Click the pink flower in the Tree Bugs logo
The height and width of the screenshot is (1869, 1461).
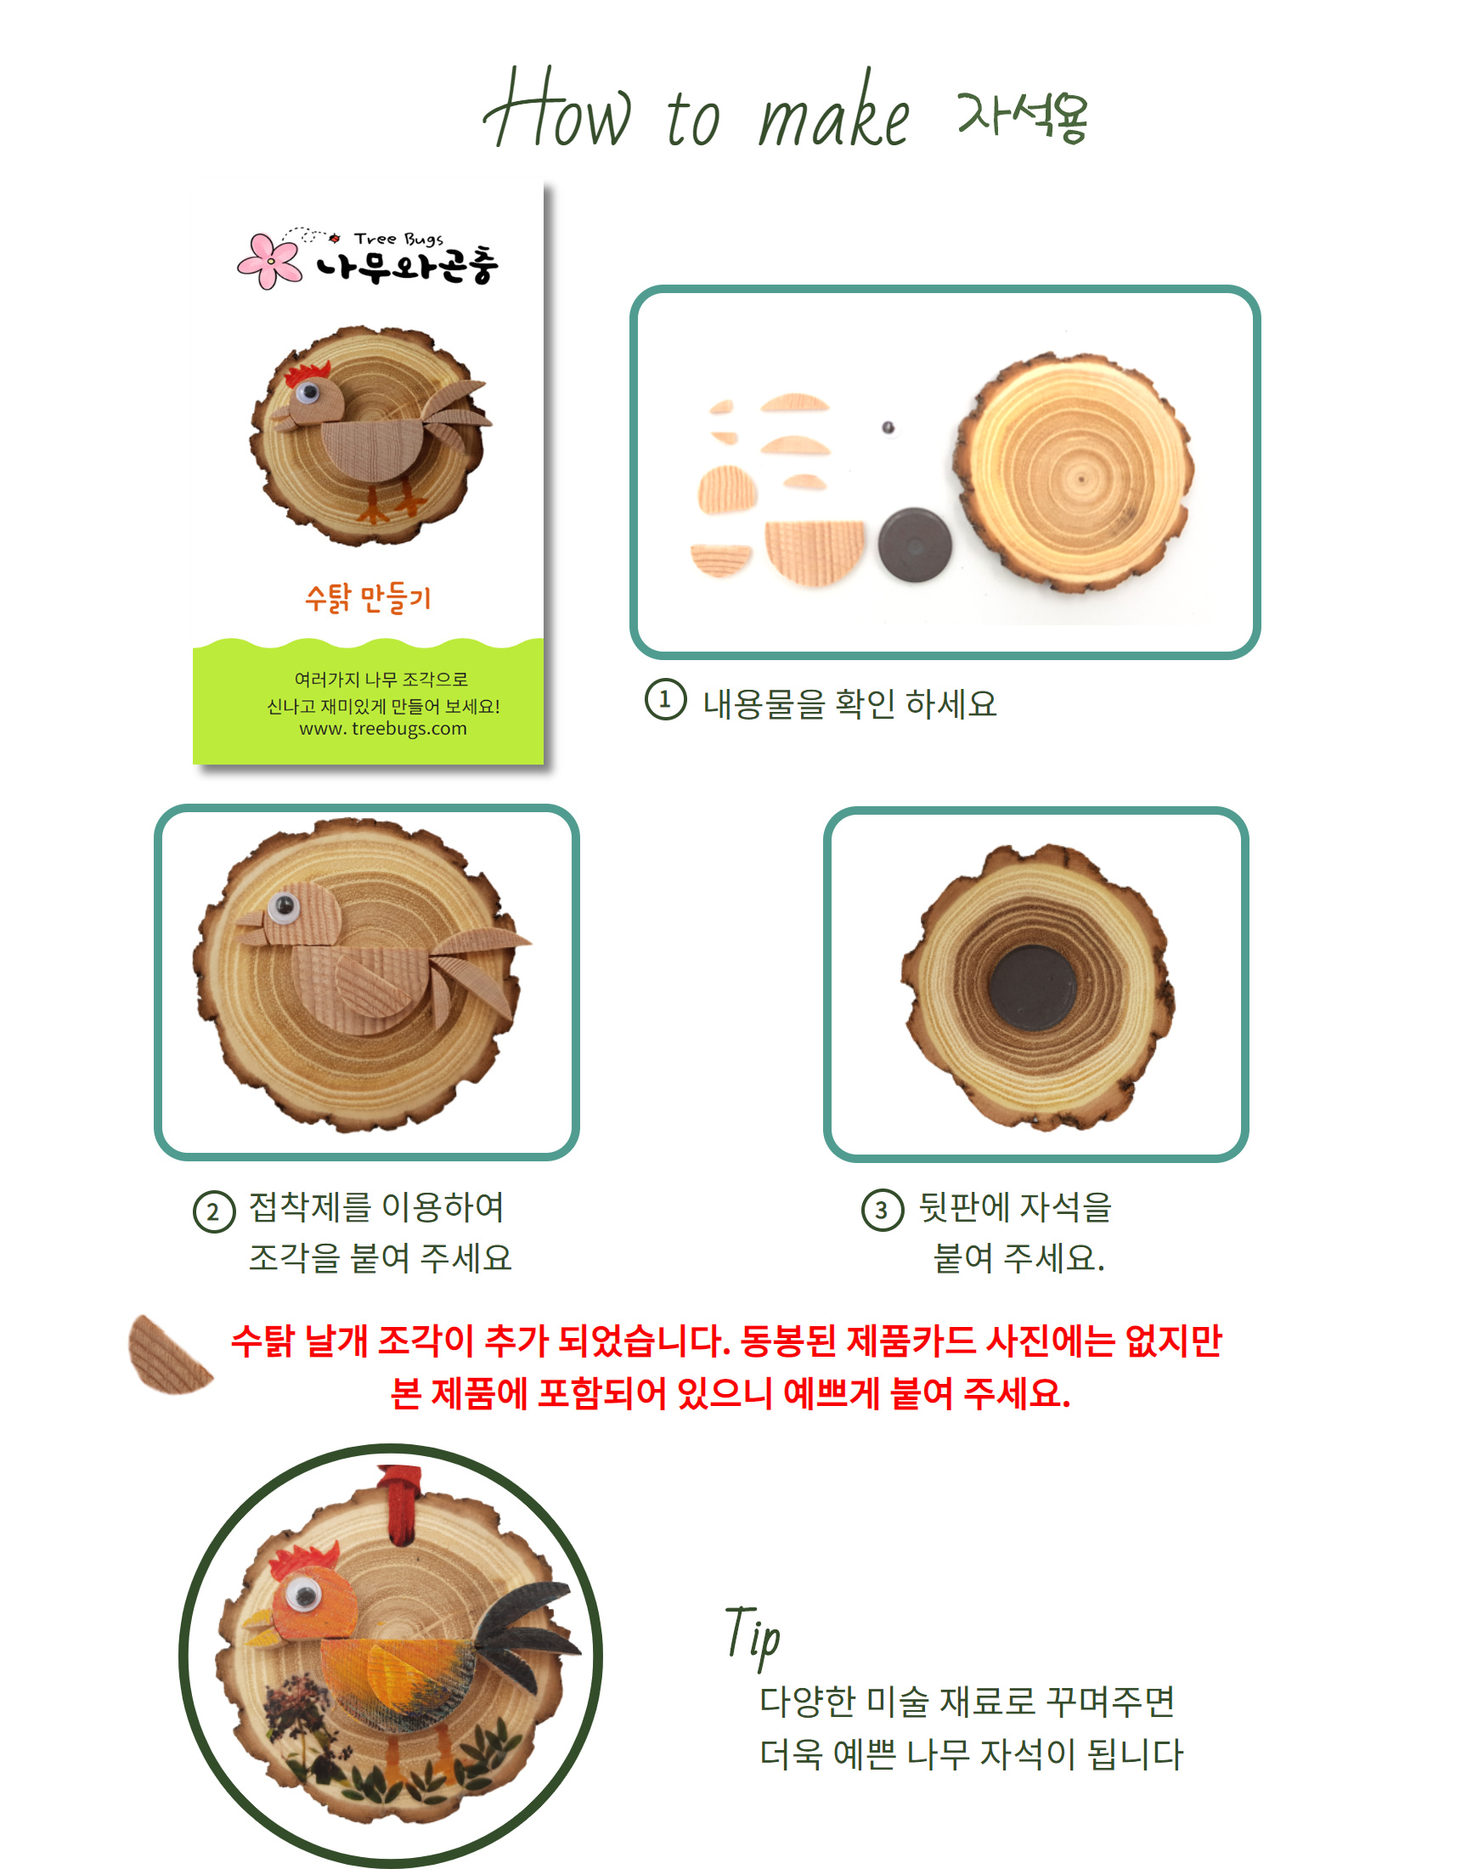click(269, 260)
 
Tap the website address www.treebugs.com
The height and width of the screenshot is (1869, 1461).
click(382, 729)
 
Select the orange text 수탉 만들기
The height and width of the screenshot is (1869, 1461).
click(368, 597)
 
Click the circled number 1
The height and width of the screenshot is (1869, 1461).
click(665, 699)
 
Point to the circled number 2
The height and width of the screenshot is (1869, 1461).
click(214, 1211)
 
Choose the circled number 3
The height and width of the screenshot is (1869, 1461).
click(883, 1210)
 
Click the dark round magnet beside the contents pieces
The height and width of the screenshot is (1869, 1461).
click(914, 545)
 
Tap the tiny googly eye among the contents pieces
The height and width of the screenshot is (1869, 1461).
click(888, 427)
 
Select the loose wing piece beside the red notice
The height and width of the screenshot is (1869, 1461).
click(169, 1355)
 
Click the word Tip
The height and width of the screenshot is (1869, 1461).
click(753, 1636)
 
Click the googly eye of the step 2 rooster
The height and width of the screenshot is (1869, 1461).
click(284, 906)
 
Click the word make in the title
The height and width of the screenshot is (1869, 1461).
click(833, 119)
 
